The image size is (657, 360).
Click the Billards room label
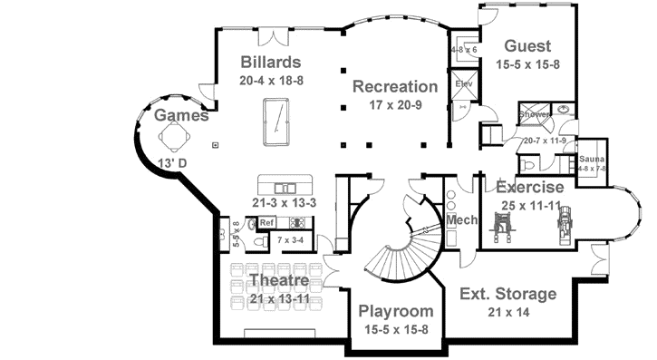coord(272,63)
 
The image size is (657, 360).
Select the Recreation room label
coord(394,87)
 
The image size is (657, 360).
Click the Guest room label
coord(528,46)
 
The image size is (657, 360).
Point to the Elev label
coord(464,84)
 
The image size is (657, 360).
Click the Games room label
coord(181,115)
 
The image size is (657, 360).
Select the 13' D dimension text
coord(171,163)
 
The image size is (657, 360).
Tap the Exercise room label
coord(529,187)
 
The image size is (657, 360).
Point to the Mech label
coord(461,219)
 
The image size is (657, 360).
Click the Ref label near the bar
coord(267,222)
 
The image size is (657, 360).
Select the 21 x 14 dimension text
coord(507,312)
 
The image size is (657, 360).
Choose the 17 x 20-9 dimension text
coord(394,105)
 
